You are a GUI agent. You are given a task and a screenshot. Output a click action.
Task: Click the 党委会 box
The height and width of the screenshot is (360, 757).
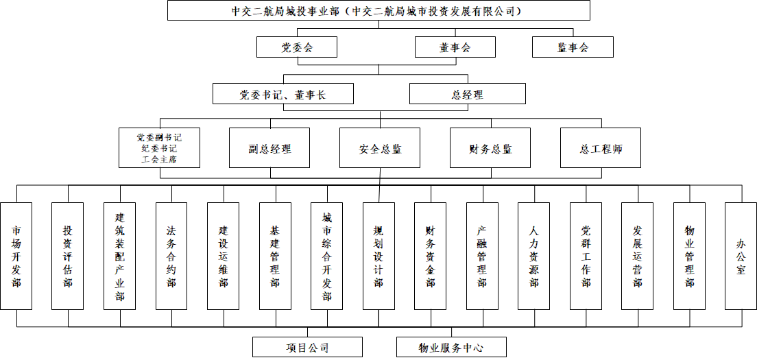[x=297, y=47]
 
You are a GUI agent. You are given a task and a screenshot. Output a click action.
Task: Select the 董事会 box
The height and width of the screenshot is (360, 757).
[x=455, y=47]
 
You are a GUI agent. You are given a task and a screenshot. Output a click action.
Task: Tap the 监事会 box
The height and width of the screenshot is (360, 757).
[x=573, y=47]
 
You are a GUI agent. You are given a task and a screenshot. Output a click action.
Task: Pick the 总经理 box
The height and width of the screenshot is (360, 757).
[x=468, y=94]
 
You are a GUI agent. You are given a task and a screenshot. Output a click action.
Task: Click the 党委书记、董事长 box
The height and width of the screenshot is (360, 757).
[x=283, y=94]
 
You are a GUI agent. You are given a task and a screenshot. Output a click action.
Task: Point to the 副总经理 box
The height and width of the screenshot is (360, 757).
[x=269, y=147]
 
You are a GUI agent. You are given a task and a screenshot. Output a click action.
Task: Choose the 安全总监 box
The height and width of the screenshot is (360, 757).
[x=380, y=147]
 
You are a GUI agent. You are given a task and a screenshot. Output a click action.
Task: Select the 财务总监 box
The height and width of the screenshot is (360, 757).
[x=490, y=147]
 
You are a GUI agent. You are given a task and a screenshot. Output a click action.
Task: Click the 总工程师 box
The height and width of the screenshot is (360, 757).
[x=601, y=147]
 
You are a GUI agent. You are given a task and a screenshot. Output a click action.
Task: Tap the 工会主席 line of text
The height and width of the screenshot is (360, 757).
[x=159, y=159]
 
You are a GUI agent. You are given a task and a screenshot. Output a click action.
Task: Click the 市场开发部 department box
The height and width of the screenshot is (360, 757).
[x=16, y=256]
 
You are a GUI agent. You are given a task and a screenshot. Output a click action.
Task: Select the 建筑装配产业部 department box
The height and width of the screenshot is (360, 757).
[x=120, y=256]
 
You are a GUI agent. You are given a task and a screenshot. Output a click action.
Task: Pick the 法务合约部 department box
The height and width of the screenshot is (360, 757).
[x=171, y=256]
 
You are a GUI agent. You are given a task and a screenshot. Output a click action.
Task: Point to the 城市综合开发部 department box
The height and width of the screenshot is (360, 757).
[x=327, y=256]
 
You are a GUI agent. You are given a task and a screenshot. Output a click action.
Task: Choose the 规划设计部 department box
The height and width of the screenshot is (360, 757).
[x=378, y=256]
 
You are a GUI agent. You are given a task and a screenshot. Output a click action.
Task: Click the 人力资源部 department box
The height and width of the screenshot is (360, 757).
[x=534, y=256]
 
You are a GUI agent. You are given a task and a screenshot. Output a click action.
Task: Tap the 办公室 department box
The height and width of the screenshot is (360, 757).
[x=741, y=256]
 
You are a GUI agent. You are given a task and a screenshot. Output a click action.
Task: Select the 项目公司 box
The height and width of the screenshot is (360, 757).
[x=307, y=347]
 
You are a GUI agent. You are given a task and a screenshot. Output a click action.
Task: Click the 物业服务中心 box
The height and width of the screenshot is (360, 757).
[x=451, y=347]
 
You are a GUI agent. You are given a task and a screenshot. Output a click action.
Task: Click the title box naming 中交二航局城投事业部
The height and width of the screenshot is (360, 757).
[x=378, y=10]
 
